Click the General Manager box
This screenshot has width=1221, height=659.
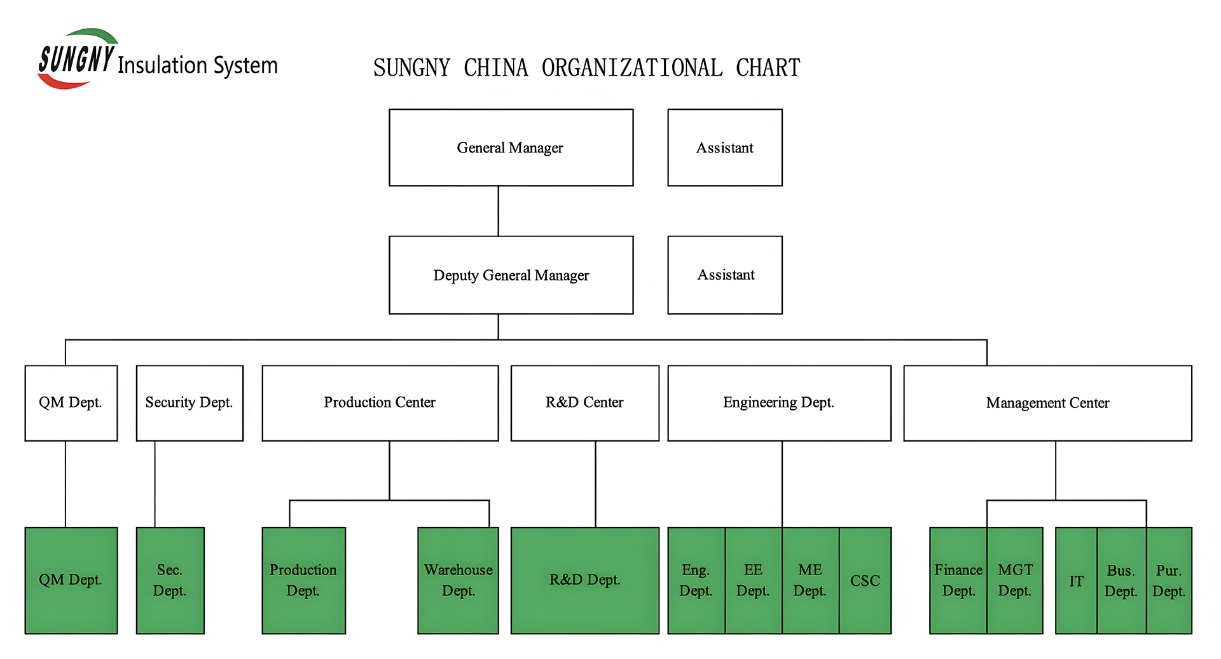(x=511, y=147)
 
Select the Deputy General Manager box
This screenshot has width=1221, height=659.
(x=511, y=275)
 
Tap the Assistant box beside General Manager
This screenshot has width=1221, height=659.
(x=725, y=147)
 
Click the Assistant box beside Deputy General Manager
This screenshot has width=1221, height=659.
(x=725, y=275)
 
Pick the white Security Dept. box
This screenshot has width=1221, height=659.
(x=190, y=403)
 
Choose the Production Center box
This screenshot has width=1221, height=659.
(x=380, y=403)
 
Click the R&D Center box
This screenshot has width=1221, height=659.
(x=585, y=403)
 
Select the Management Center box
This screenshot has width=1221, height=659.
(x=1048, y=403)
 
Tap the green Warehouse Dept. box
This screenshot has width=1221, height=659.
(x=458, y=580)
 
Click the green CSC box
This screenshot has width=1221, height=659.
(x=865, y=580)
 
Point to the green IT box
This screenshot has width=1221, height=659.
(x=1076, y=580)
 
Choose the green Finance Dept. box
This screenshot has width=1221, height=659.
(x=958, y=580)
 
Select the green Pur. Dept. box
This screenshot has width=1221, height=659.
(x=1169, y=580)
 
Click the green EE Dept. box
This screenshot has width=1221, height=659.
(x=754, y=580)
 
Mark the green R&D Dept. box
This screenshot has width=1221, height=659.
(x=585, y=580)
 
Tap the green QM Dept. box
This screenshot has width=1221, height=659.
(x=71, y=580)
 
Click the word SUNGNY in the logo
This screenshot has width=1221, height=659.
(x=76, y=59)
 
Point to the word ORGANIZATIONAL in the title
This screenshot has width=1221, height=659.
(x=632, y=68)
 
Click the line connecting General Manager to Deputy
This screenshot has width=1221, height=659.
(x=499, y=211)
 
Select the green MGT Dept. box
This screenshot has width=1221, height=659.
(x=1015, y=580)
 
